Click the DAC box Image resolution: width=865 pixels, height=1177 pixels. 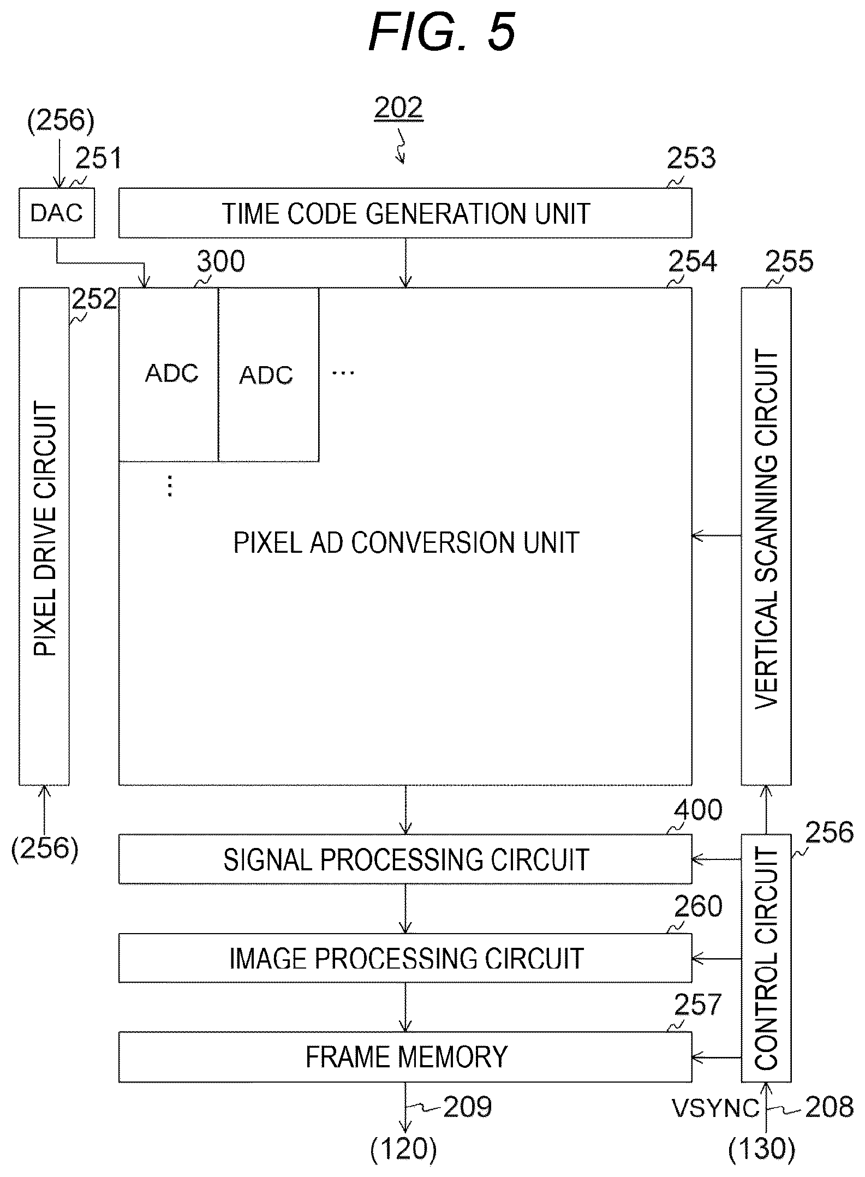pyautogui.click(x=57, y=213)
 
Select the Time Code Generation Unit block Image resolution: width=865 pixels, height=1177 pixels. pyautogui.click(x=405, y=213)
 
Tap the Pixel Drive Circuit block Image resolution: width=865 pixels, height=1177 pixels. pyautogui.click(x=44, y=536)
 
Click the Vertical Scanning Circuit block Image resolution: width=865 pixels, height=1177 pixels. pyautogui.click(x=766, y=536)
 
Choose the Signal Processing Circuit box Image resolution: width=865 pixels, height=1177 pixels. pyautogui.click(x=405, y=859)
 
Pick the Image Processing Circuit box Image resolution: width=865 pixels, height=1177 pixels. pyautogui.click(x=405, y=958)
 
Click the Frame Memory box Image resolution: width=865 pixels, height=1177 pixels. pyautogui.click(x=405, y=1057)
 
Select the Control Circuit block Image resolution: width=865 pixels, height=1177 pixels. pyautogui.click(x=766, y=958)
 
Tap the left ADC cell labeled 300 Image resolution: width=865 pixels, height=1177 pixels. pyautogui.click(x=169, y=374)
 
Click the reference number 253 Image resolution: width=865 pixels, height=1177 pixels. pyautogui.click(x=691, y=159)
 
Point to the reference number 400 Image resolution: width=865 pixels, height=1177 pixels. pyautogui.click(x=698, y=810)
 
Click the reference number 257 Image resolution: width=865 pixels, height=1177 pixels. pyautogui.click(x=698, y=1005)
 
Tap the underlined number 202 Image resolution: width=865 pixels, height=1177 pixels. pyautogui.click(x=398, y=107)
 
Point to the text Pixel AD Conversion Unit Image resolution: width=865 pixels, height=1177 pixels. pyautogui.click(x=406, y=542)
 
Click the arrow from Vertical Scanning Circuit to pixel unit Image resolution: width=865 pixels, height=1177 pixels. pyautogui.click(x=717, y=536)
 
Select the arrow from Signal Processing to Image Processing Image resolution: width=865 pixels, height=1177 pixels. pyautogui.click(x=405, y=909)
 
